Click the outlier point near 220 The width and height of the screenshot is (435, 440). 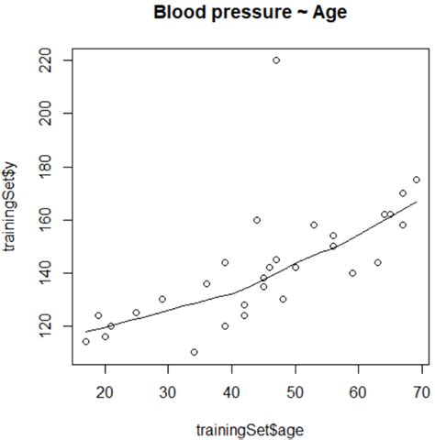tap(276, 60)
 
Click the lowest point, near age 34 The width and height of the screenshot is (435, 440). tap(194, 352)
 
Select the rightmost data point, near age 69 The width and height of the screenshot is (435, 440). tap(416, 180)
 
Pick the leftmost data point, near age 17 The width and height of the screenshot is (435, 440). tap(86, 341)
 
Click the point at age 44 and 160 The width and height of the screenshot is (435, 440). tap(257, 220)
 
